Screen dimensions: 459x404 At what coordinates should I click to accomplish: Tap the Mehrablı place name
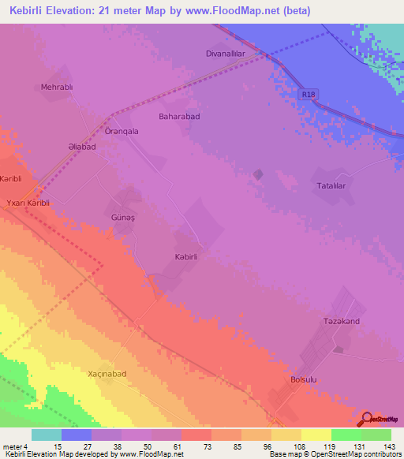click(x=57, y=88)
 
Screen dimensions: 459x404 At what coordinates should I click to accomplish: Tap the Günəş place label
click(x=120, y=214)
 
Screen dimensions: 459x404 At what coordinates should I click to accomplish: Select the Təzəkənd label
click(x=341, y=322)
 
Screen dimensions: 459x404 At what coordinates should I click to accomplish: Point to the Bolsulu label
click(x=304, y=379)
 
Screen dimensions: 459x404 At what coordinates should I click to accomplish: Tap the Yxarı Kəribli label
click(x=28, y=203)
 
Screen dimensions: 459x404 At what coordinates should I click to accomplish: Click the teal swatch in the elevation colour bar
click(x=47, y=434)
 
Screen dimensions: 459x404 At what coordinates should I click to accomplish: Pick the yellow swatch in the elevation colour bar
click(x=316, y=434)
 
